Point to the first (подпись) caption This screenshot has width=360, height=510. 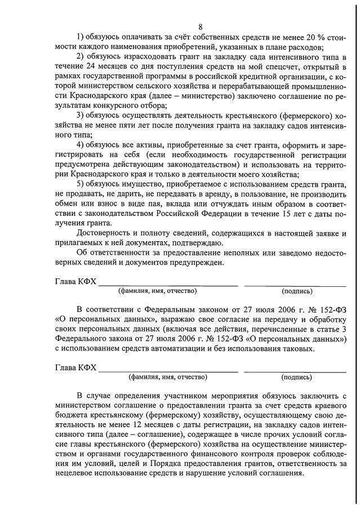tap(296, 291)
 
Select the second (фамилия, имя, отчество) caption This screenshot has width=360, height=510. tap(168, 377)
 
